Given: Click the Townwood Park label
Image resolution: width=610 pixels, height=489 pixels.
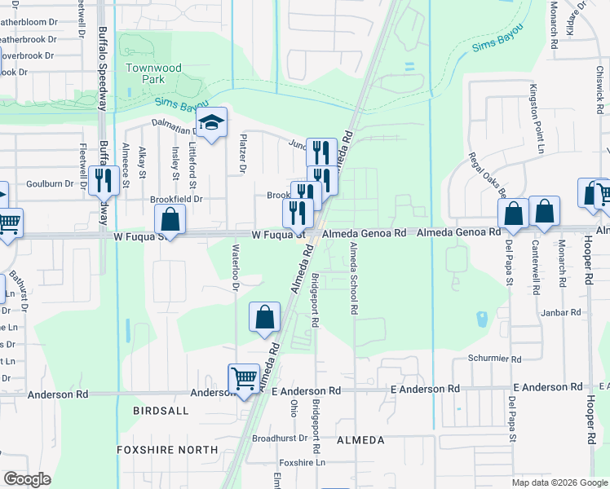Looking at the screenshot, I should (x=146, y=74).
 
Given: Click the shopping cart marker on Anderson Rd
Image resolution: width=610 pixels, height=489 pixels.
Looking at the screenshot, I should (x=244, y=379).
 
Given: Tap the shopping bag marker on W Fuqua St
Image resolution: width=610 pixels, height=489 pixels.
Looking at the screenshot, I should (x=170, y=219).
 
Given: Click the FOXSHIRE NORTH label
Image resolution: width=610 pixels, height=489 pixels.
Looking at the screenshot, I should (x=167, y=450).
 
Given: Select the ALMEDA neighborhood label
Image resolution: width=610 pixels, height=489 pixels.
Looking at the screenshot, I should (x=360, y=440).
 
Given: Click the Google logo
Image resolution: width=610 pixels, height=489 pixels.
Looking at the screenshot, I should (x=28, y=479).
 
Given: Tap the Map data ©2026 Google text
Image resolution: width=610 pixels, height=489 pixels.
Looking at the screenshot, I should (x=559, y=482).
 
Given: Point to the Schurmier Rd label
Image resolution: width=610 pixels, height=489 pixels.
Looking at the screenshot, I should (x=494, y=359).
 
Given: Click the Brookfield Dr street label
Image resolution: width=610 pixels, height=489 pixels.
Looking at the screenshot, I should (x=175, y=199).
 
